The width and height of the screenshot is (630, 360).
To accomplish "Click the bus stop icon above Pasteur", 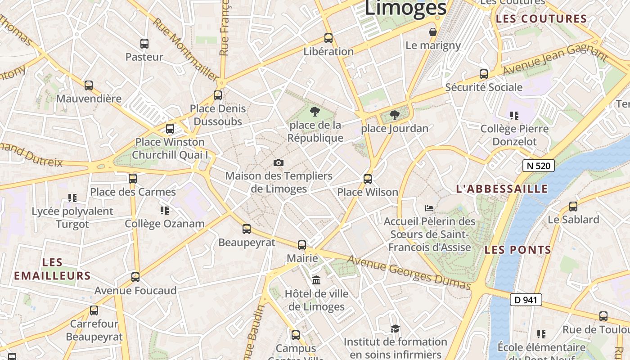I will coord(144,44).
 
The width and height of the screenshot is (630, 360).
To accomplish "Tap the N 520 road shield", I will coord(538,166).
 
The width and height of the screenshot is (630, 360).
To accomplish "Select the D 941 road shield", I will coord(526,300).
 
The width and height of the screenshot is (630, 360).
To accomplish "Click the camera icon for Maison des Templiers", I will coord(279,162).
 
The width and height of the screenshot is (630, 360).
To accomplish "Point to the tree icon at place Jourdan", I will coord(395,115).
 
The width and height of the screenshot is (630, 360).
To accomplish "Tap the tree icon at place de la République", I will coord(315,112).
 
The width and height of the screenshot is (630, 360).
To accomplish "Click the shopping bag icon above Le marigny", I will coord(433,32).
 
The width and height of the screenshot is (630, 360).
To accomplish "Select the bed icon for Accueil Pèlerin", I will coord(429,208).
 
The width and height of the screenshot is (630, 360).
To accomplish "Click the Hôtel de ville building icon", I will coord(316,280).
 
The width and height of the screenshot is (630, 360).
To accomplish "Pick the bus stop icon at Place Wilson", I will coord(368,179).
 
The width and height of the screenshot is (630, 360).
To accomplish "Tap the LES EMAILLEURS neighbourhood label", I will coord(52,269).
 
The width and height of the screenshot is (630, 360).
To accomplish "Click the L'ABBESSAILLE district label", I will coord(502,189).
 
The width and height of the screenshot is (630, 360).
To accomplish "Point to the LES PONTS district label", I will coord(518,250).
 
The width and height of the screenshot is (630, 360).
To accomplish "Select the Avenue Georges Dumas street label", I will coord(409,273).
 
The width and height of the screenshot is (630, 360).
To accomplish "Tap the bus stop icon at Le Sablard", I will coord(573,207).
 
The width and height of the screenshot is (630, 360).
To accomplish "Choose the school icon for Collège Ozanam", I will coord(165,210).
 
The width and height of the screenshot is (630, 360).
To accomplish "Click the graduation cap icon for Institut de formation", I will coord(395,328).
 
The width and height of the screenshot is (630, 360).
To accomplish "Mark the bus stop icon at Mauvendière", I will coord(89,85).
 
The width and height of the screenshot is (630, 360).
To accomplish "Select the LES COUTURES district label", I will coord(541,19).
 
